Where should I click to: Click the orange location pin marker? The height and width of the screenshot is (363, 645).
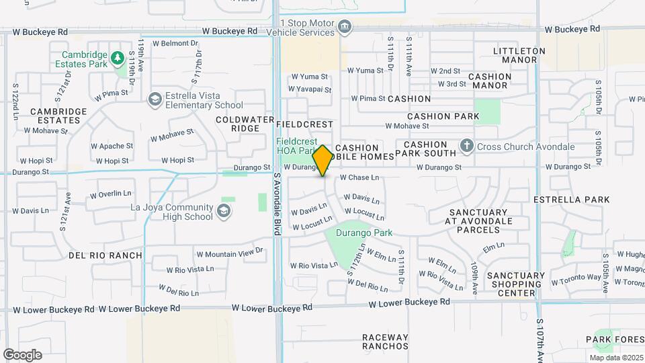click(x=322, y=161)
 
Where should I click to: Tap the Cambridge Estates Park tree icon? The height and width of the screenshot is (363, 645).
click(x=118, y=58)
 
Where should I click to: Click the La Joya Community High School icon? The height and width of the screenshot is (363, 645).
click(x=223, y=212)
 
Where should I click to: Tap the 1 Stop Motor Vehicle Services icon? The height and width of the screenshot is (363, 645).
click(x=345, y=26)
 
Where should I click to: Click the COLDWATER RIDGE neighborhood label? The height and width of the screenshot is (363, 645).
click(x=236, y=124)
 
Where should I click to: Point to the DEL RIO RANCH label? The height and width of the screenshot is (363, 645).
click(x=105, y=255)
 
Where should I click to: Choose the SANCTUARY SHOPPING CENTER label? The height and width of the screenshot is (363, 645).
click(x=516, y=284)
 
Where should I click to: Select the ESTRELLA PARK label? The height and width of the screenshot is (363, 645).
click(x=571, y=200)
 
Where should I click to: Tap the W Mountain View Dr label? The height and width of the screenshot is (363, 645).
click(x=229, y=254)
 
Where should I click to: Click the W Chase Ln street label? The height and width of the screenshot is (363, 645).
click(x=359, y=177)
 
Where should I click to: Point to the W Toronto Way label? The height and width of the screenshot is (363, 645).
click(x=576, y=277)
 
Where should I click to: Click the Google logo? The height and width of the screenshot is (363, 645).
click(x=22, y=354)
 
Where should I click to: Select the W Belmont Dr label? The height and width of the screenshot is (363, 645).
click(x=176, y=43)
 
